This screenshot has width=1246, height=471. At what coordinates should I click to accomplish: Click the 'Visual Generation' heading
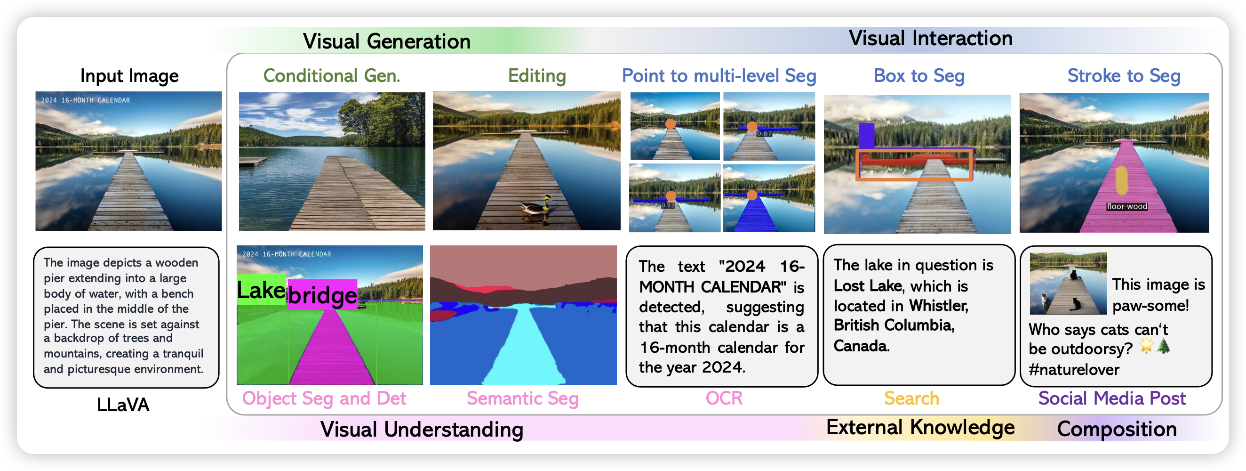(x=386, y=41)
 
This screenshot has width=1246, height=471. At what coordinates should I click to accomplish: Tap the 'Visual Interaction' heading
(x=931, y=38)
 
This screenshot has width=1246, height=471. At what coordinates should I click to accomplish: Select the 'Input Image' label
(x=129, y=76)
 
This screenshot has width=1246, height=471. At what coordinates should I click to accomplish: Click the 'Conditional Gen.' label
(x=332, y=75)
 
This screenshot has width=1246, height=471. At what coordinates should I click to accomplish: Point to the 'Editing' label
(x=537, y=76)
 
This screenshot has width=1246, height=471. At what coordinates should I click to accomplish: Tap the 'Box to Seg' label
(x=919, y=76)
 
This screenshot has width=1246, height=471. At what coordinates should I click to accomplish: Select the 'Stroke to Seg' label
(x=1124, y=76)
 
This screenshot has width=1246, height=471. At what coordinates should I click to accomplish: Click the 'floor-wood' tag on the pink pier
(x=1127, y=206)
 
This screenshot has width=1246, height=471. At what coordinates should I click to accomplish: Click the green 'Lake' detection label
(x=261, y=290)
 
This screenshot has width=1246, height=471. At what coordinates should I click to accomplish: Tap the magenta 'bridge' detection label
(x=323, y=294)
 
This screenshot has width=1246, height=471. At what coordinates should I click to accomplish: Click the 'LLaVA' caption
(x=123, y=405)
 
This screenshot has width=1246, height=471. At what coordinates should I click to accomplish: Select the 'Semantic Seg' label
(x=523, y=398)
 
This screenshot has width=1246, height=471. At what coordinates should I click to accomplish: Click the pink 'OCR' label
(x=724, y=398)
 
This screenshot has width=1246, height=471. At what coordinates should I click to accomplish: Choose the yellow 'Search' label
(x=911, y=398)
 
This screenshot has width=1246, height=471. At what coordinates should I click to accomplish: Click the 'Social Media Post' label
(x=1112, y=398)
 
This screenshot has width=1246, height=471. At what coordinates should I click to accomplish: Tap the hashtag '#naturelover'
(x=1074, y=369)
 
